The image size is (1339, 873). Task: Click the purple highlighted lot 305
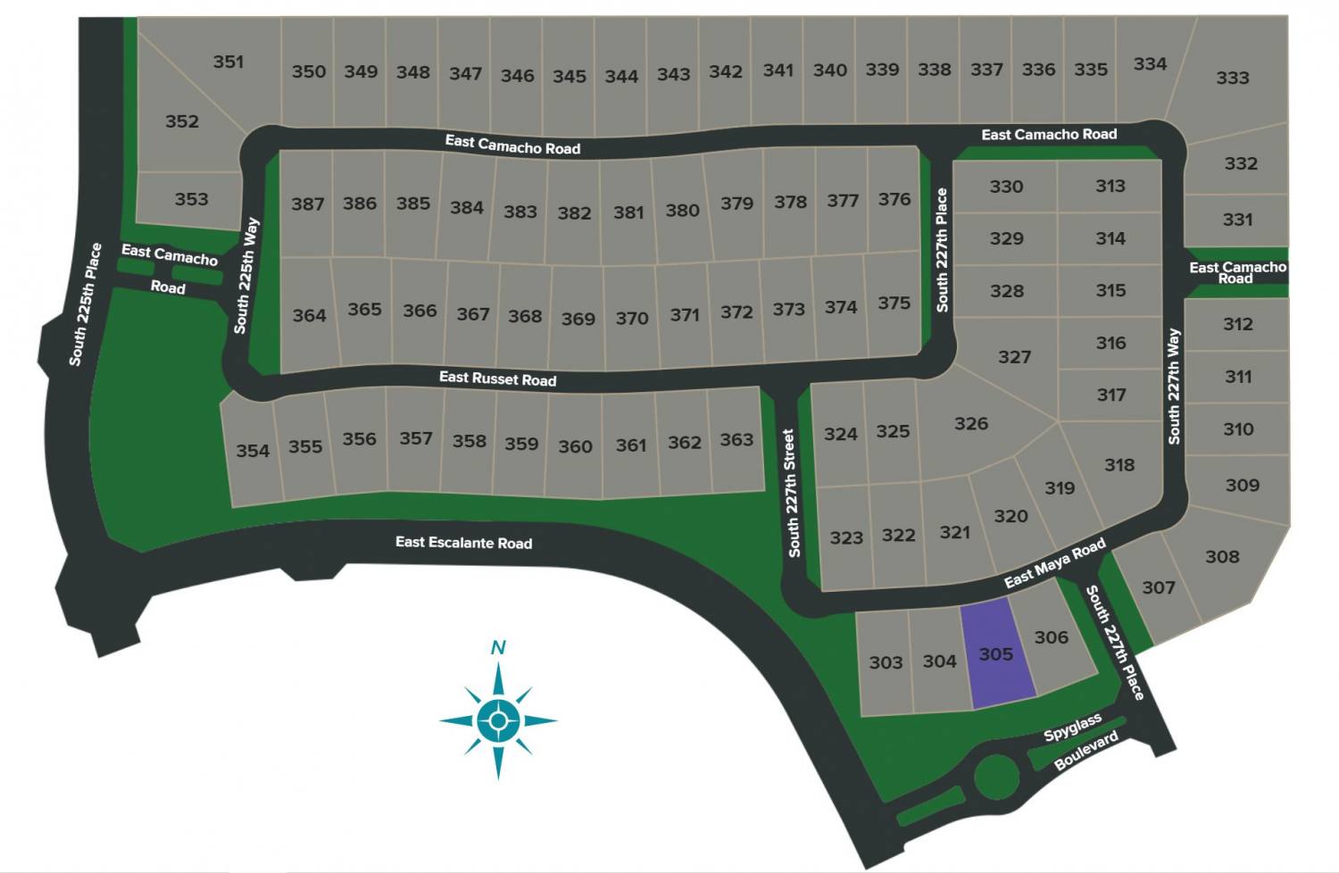coord(996,655)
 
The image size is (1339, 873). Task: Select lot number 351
coord(229,62)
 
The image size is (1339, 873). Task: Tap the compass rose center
coord(498,719)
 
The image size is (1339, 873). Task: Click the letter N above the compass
coord(498,647)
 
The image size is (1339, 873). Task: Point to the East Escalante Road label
coord(463,542)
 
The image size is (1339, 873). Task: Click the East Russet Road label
coord(497,378)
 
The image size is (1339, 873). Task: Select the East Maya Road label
coord(1055,564)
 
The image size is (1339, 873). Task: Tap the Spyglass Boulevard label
coord(1080,742)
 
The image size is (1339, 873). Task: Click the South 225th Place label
coord(86,303)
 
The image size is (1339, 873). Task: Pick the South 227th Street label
coord(791,493)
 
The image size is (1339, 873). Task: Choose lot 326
coord(971,423)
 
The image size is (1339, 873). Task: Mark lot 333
coord(1232,78)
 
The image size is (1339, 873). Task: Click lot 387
coord(307,204)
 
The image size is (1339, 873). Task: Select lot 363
coord(736,439)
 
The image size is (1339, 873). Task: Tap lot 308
coord(1222,557)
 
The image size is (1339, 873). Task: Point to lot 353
coord(191,199)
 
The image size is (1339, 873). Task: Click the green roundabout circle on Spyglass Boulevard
coord(996,777)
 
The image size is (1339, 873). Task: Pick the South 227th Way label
coord(1174,386)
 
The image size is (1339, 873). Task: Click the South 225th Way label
coord(246,275)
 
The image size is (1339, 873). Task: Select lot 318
coord(1119,464)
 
